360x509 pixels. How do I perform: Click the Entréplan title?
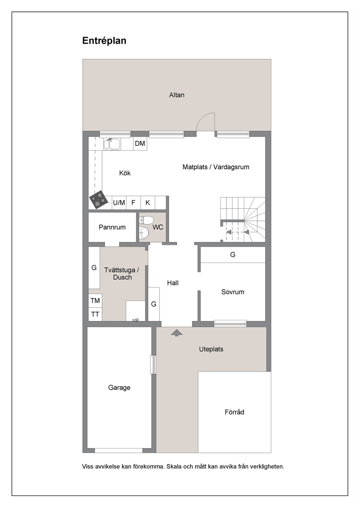pyautogui.click(x=104, y=41)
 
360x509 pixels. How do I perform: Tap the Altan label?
pyautogui.click(x=177, y=95)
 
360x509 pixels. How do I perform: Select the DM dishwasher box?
pyautogui.click(x=140, y=143)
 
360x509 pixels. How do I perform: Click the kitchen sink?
pyautogui.click(x=112, y=144)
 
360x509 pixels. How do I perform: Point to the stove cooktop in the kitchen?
pyautogui.click(x=99, y=199)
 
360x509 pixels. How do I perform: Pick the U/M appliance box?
pyautogui.click(x=119, y=202)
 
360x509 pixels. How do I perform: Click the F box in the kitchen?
pyautogui.click(x=134, y=202)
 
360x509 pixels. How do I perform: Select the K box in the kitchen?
pyautogui.click(x=148, y=202)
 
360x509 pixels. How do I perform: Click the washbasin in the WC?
pyautogui.click(x=144, y=233)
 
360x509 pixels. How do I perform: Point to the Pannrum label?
pyautogui.click(x=112, y=227)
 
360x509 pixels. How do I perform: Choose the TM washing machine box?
pyautogui.click(x=95, y=301)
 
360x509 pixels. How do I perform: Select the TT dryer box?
pyautogui.click(x=95, y=314)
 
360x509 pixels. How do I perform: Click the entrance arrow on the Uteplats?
pyautogui.click(x=177, y=333)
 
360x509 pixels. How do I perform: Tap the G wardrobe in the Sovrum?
pyautogui.click(x=233, y=255)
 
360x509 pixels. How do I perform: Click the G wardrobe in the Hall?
pyautogui.click(x=154, y=304)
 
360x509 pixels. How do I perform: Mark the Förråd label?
pyautogui.click(x=234, y=412)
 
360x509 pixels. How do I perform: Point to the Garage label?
pyautogui.click(x=119, y=387)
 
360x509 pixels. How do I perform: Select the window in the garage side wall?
pyautogui.click(x=154, y=365)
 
